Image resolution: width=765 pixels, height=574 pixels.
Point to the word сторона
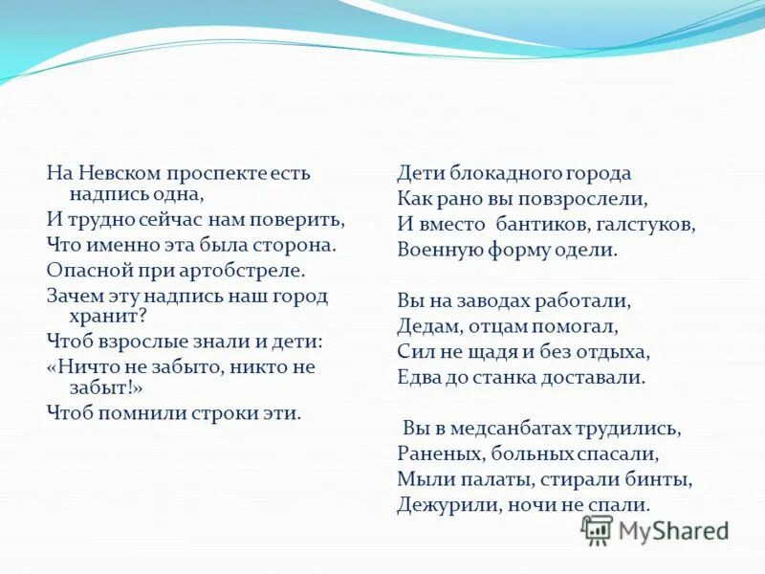tap(296, 244)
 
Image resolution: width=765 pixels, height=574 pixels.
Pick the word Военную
tap(438, 252)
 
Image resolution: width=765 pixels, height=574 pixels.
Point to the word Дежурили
tap(439, 504)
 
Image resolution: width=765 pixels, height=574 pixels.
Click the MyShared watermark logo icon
tap(597, 529)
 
